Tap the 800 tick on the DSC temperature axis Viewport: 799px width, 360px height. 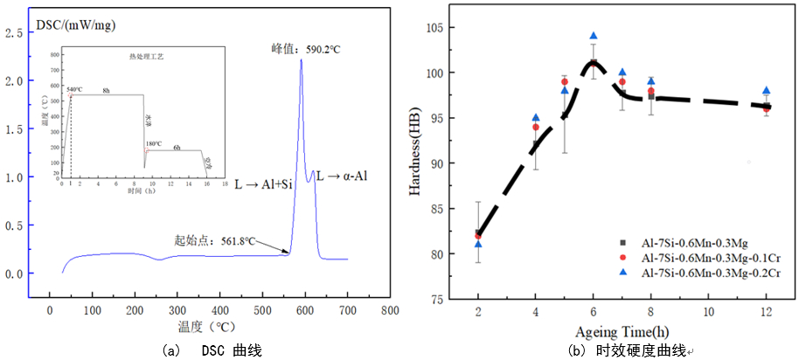click(x=390, y=309)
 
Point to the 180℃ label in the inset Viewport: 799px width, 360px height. click(x=155, y=143)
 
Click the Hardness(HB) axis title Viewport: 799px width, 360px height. click(x=434, y=167)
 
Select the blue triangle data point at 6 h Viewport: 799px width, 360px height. click(x=593, y=37)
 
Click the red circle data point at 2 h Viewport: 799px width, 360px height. click(x=478, y=235)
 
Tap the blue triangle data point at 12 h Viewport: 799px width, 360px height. click(x=766, y=91)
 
